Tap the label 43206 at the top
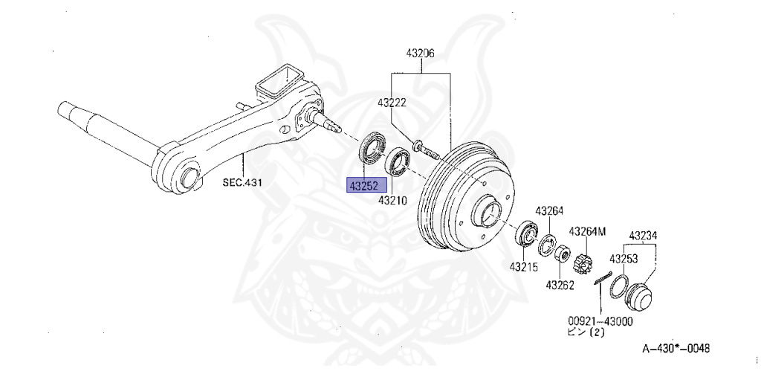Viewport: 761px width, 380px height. (x=420, y=54)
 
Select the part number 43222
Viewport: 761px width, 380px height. (x=391, y=103)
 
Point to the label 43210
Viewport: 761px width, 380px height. (x=392, y=200)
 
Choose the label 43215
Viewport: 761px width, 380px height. (x=523, y=266)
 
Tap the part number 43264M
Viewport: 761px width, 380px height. (x=587, y=231)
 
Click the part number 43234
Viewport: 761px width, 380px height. (x=643, y=236)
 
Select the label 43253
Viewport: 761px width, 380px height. (x=624, y=259)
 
